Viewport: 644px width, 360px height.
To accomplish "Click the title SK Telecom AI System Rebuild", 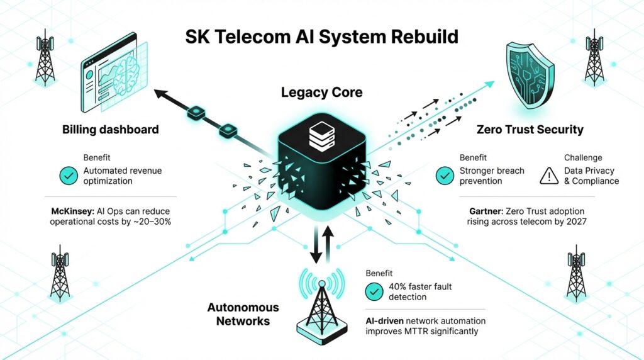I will click(x=321, y=37).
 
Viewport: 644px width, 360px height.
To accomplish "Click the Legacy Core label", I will click(x=321, y=93).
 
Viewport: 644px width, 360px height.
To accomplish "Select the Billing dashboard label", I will click(x=111, y=130).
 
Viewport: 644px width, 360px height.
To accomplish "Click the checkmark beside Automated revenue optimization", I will click(x=69, y=176).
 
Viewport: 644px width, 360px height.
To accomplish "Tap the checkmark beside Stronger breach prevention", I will click(x=445, y=176).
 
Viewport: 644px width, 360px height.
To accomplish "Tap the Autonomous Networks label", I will click(x=243, y=314).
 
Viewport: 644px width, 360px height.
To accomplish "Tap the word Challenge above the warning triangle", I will click(x=582, y=158).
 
